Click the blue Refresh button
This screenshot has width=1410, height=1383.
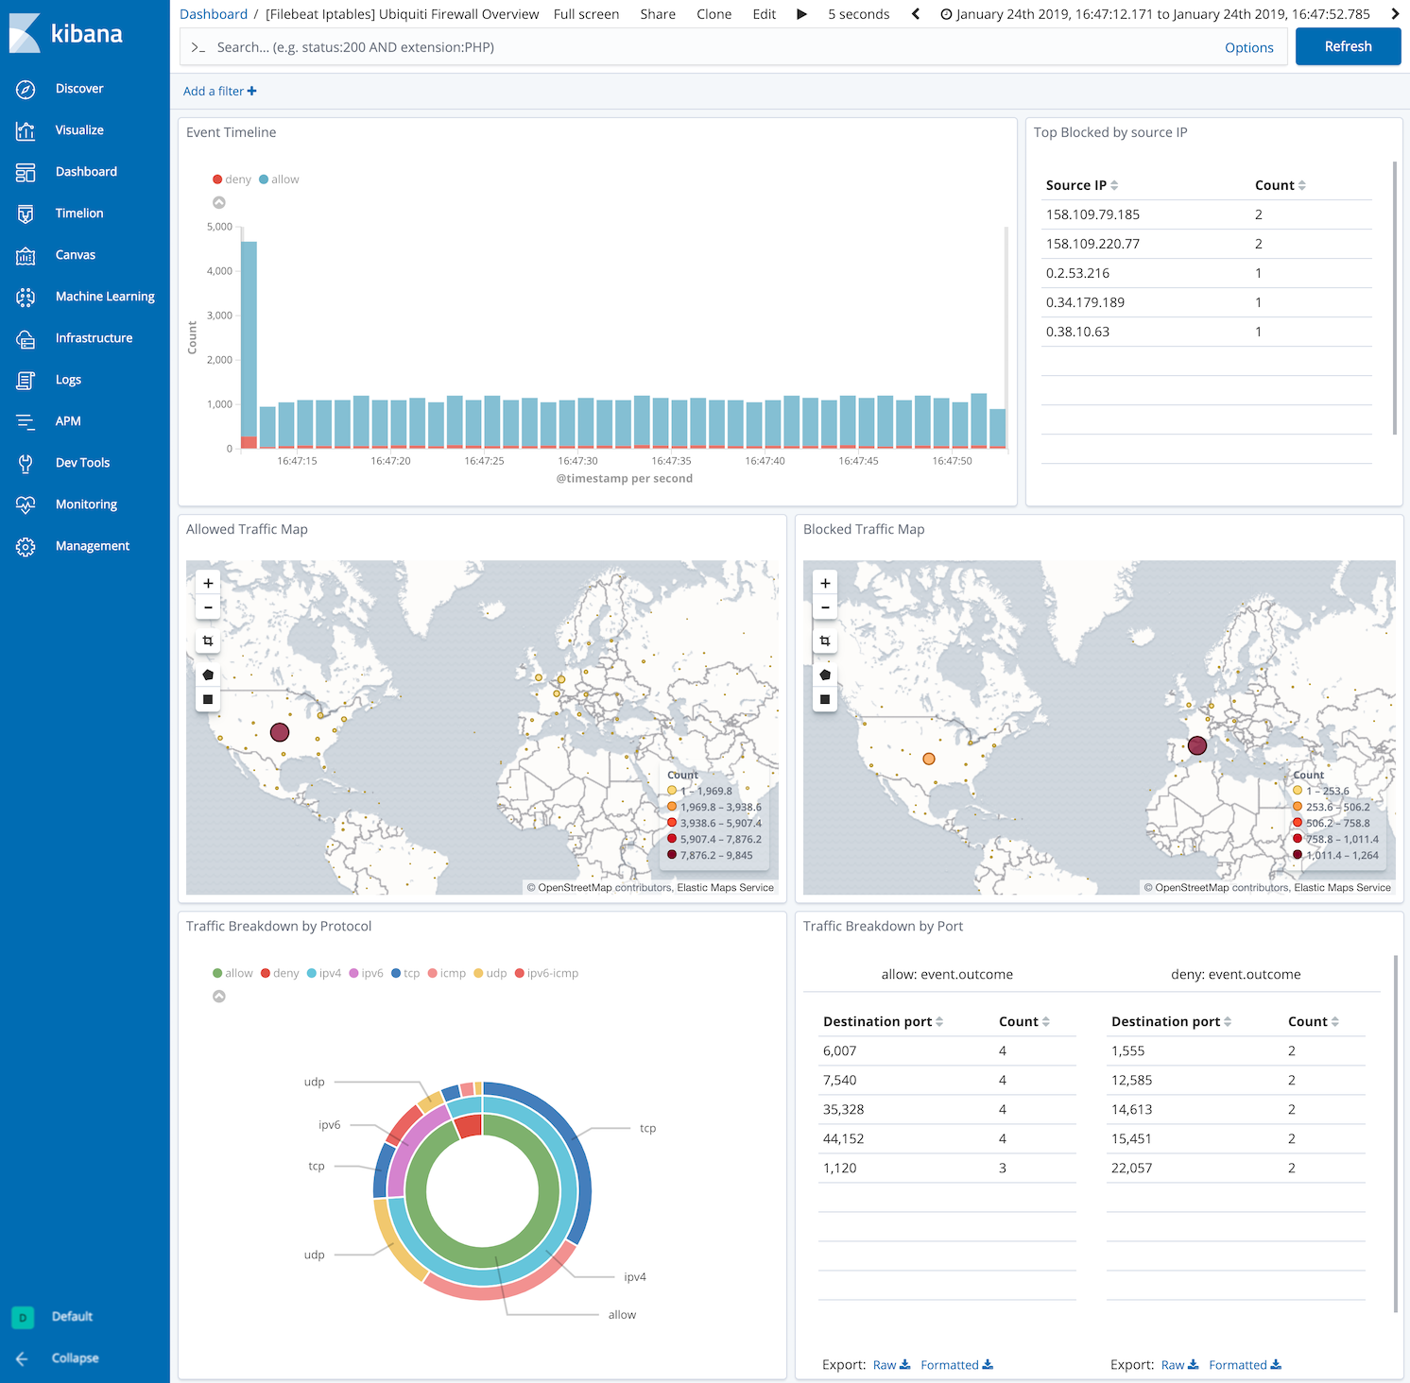1348,46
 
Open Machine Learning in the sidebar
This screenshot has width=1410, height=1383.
104,297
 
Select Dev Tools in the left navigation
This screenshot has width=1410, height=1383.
82,463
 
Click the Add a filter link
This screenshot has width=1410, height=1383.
219,92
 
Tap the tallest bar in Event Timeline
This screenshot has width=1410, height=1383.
249,340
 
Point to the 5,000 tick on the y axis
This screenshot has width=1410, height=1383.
219,227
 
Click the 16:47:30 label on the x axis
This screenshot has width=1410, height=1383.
577,461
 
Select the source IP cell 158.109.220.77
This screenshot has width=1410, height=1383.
1092,244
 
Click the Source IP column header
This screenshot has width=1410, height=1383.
1076,185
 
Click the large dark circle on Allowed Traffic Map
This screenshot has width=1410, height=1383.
280,732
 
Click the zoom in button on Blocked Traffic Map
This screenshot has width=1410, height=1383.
825,583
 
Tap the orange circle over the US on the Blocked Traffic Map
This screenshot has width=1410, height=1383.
929,759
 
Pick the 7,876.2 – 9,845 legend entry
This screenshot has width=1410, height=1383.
715,855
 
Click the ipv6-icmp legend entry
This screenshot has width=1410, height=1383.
552,973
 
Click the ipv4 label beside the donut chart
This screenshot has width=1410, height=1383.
635,1277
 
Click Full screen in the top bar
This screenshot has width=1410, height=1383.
586,14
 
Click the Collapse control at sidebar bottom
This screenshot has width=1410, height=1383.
75,1358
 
